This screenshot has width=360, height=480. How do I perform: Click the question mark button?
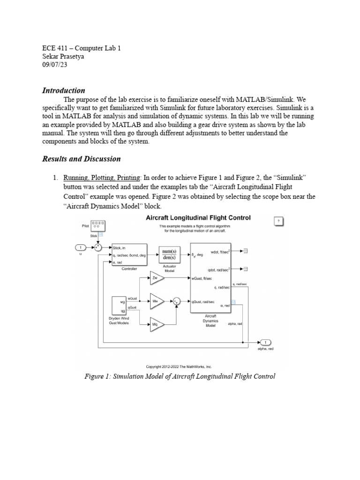coord(279,221)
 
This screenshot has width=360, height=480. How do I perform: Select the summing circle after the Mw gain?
coord(176,301)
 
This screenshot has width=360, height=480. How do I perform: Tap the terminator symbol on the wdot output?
coord(245,251)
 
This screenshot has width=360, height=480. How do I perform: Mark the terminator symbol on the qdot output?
coord(245,269)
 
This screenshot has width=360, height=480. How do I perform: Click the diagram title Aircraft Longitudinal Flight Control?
coord(198,218)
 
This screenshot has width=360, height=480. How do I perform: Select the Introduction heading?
coord(64,90)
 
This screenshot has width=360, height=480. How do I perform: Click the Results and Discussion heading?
coord(82,159)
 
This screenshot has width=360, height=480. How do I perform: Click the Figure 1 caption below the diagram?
coord(180,376)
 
